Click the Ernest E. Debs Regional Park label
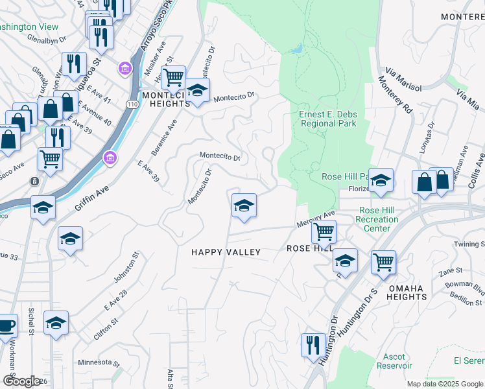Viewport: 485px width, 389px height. click(x=327, y=119)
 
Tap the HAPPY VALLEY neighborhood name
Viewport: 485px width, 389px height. click(x=226, y=252)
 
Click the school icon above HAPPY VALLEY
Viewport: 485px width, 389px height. click(x=244, y=206)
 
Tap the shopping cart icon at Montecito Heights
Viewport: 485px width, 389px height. click(x=173, y=78)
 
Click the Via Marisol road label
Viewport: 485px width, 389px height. click(x=403, y=78)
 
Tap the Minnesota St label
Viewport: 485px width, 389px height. click(x=99, y=362)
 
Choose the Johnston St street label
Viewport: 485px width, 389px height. click(x=127, y=268)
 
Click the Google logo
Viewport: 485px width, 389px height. click(x=21, y=381)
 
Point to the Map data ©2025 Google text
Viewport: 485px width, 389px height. click(x=445, y=384)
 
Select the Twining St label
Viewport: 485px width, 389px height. click(x=469, y=244)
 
